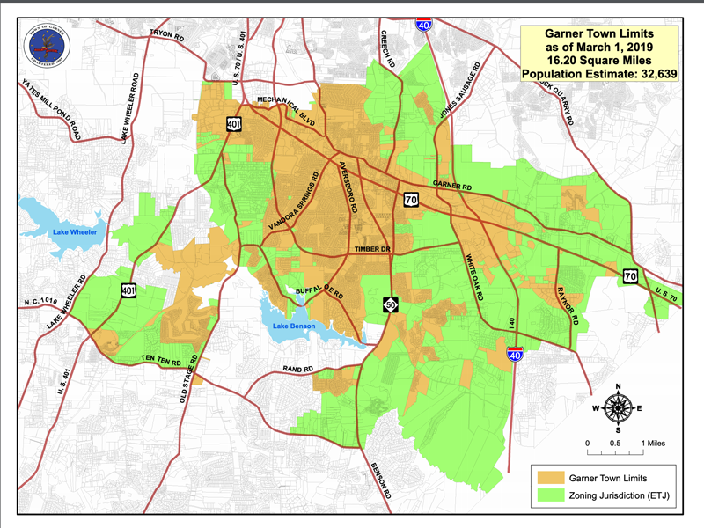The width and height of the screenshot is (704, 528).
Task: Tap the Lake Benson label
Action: click(x=293, y=328)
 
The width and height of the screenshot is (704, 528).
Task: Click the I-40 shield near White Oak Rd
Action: click(x=516, y=355)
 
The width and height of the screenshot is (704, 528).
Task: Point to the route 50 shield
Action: click(x=389, y=304)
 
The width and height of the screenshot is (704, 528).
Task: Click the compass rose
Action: click(x=619, y=407)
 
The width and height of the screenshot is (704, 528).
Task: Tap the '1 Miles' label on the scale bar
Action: click(x=654, y=442)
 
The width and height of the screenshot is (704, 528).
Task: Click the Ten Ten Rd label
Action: click(x=161, y=361)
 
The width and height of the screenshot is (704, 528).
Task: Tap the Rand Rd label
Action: click(x=297, y=369)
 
